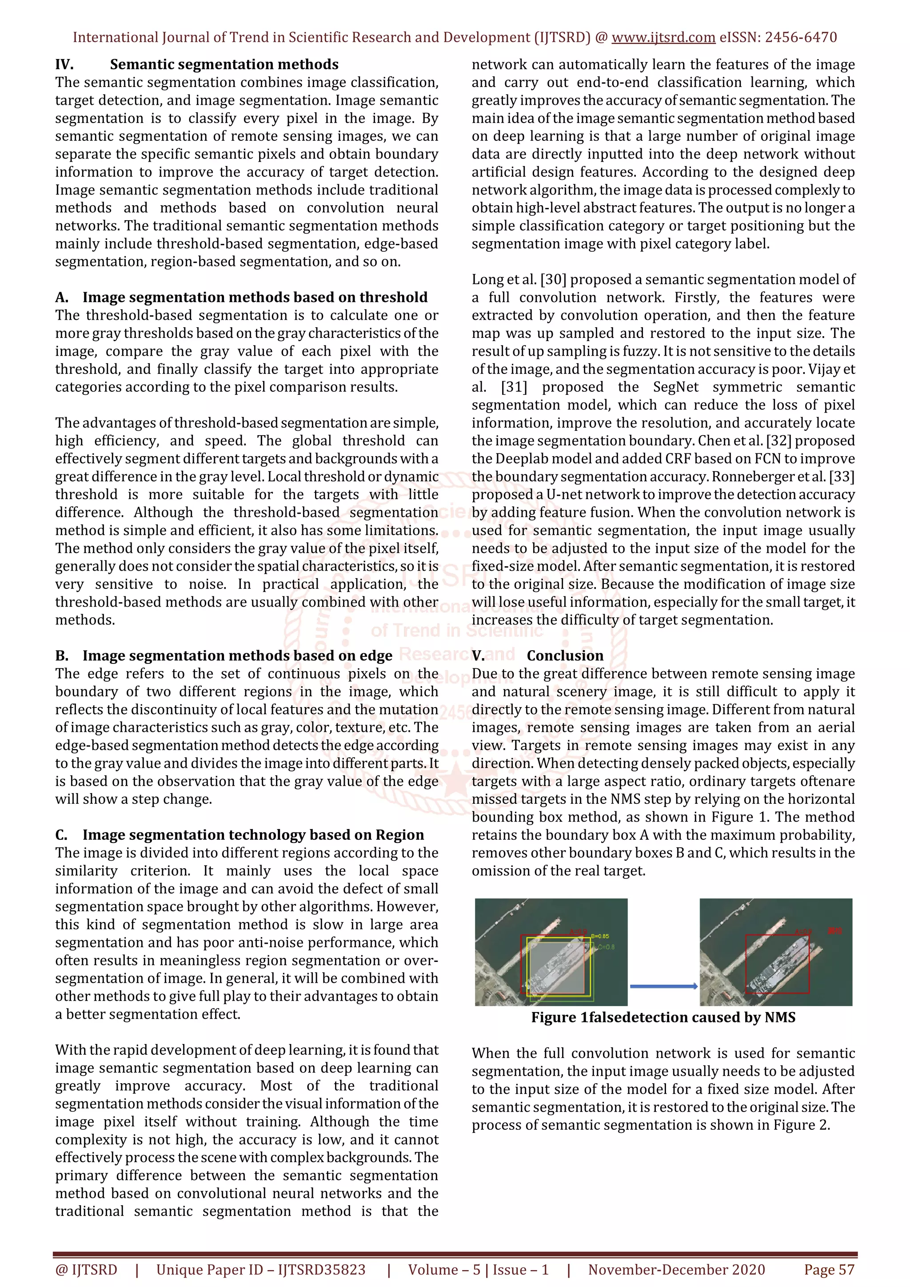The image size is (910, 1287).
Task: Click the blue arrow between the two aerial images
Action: click(663, 986)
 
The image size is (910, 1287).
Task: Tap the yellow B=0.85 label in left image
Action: click(600, 936)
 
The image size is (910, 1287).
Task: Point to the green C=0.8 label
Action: click(606, 947)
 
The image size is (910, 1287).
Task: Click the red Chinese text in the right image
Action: click(835, 931)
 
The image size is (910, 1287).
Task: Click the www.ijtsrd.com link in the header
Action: click(663, 38)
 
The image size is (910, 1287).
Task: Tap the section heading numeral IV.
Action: click(64, 64)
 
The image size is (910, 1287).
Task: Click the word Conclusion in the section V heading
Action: click(565, 656)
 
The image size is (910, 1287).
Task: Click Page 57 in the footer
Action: click(829, 1270)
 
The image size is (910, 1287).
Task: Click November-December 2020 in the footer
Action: click(676, 1270)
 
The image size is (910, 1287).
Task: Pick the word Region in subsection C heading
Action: click(399, 835)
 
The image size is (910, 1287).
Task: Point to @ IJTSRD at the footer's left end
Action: click(86, 1270)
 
